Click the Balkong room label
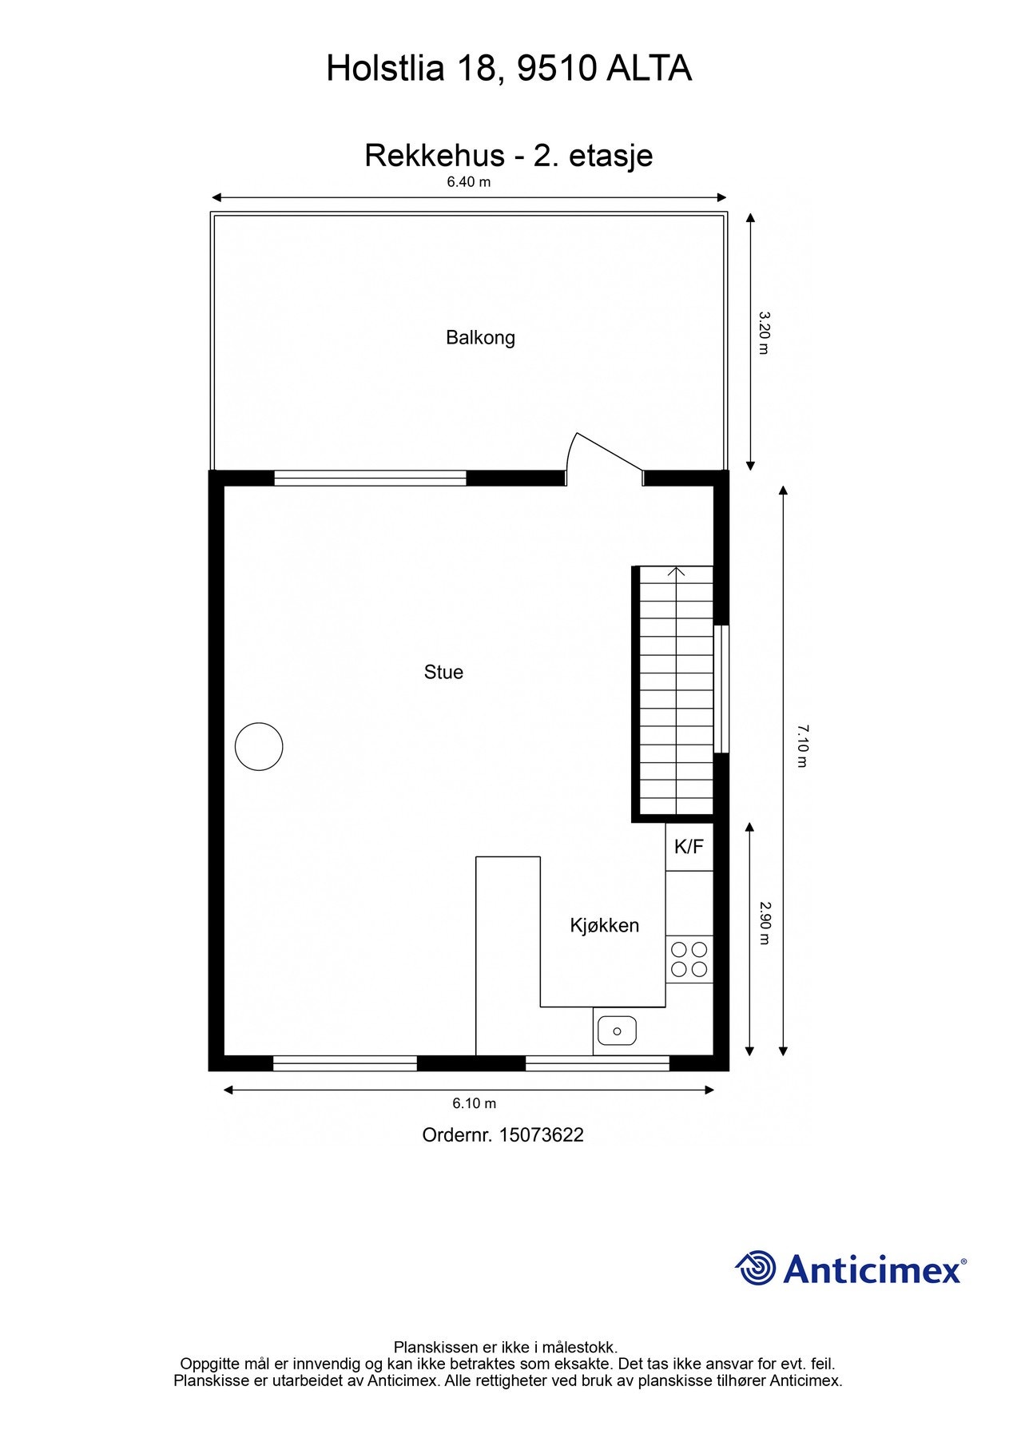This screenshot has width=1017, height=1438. (480, 337)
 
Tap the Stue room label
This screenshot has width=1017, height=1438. (443, 672)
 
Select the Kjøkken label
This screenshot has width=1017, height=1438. (604, 925)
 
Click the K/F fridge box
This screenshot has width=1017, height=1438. (689, 847)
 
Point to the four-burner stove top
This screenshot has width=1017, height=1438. (689, 959)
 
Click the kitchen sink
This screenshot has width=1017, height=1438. (617, 1031)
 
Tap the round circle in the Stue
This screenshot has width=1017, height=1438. (259, 746)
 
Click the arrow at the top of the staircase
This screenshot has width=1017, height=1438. (677, 572)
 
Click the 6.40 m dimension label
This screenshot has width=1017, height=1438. (469, 182)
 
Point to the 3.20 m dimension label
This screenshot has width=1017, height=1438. (764, 332)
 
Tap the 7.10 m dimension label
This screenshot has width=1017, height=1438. (803, 745)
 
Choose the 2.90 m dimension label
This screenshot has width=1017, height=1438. (764, 923)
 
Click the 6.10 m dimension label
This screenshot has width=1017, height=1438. (475, 1103)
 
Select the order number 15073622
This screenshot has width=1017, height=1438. (541, 1134)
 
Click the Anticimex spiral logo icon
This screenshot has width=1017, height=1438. (756, 1269)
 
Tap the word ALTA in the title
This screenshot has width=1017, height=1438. (649, 69)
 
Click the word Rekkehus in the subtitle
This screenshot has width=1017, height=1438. (434, 155)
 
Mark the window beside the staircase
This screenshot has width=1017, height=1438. (721, 689)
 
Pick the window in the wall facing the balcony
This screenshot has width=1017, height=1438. (370, 478)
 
